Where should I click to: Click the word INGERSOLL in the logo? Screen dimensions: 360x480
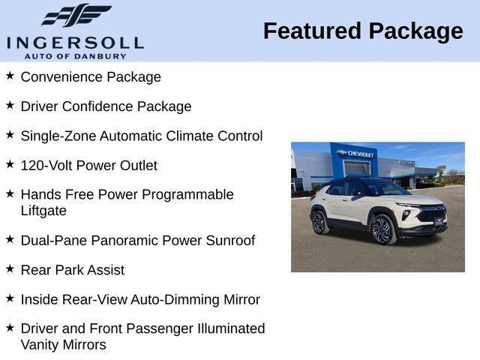click(x=74, y=42)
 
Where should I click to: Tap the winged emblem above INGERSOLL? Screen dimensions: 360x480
click(x=76, y=16)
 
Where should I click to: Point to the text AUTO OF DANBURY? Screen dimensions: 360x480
click(x=75, y=55)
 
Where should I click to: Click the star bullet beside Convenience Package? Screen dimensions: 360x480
click(x=10, y=76)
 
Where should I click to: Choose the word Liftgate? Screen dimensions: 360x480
click(x=43, y=211)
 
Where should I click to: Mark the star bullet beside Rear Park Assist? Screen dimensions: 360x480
click(x=10, y=268)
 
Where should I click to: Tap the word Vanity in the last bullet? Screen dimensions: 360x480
click(x=42, y=344)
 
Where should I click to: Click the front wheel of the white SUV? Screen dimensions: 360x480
click(x=382, y=229)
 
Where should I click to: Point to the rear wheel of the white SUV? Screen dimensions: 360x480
click(x=319, y=221)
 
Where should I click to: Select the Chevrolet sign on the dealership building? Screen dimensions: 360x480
click(x=356, y=153)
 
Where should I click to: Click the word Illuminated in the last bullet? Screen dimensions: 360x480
click(x=226, y=328)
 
